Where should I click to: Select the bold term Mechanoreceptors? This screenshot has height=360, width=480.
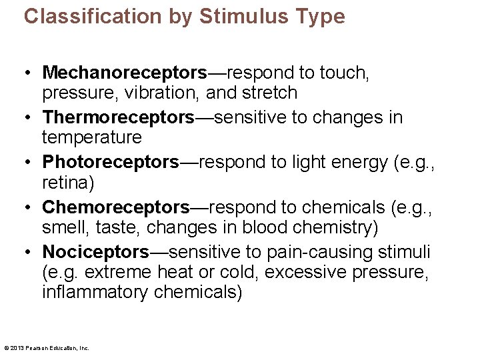point(125,72)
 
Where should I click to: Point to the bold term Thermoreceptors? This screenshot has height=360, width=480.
point(118,117)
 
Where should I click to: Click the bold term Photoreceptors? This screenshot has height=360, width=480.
point(111,162)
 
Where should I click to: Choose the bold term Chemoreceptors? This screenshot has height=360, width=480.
point(116,207)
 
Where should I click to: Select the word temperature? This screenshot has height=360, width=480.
point(92,137)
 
